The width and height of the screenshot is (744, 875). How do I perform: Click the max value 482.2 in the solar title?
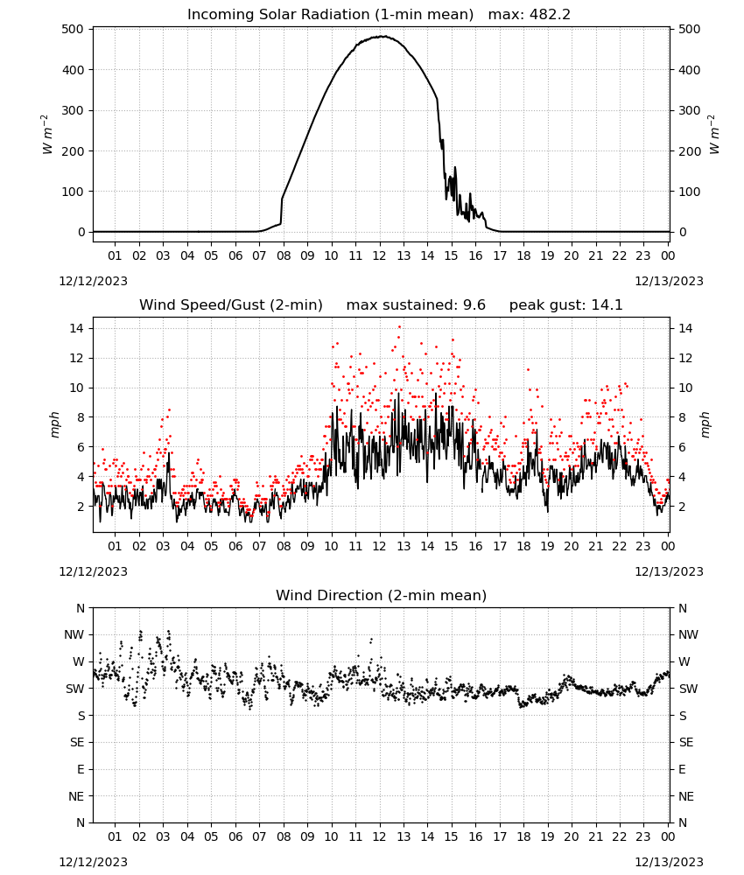click(x=549, y=15)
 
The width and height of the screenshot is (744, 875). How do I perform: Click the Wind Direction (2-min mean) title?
click(x=382, y=595)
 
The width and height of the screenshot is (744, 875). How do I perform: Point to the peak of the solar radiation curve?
click(x=382, y=36)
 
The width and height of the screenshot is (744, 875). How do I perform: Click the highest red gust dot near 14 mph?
click(x=399, y=327)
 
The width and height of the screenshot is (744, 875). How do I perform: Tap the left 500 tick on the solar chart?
click(x=73, y=29)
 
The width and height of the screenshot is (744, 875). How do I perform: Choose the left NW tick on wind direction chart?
click(x=74, y=634)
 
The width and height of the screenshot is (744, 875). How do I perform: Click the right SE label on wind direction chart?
click(x=686, y=742)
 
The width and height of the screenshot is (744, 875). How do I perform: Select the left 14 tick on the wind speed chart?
click(x=76, y=328)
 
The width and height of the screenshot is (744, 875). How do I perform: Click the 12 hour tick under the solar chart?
click(x=380, y=255)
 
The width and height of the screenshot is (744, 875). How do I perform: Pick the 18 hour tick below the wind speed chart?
click(x=523, y=546)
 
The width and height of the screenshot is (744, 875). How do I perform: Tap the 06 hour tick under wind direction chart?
click(x=235, y=836)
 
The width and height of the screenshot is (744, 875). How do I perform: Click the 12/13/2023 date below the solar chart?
click(x=669, y=281)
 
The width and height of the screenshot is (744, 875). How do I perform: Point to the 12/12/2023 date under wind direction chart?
click(x=93, y=862)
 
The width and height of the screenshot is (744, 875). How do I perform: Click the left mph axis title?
click(x=54, y=424)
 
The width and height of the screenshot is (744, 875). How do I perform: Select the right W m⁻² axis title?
click(x=714, y=135)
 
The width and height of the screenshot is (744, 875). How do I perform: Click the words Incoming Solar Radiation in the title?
click(x=278, y=15)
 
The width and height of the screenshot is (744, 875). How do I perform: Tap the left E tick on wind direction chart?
click(x=81, y=769)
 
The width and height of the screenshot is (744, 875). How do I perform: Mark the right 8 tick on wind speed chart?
click(x=682, y=417)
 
